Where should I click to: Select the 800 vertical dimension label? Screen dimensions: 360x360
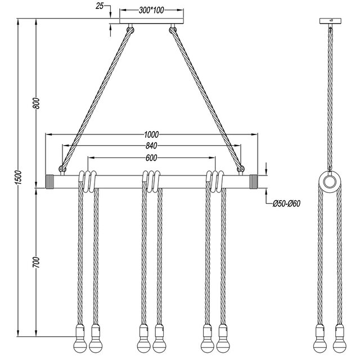click(36, 103)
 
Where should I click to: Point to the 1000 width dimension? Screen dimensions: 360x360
click(151, 134)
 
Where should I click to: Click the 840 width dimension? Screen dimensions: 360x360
click(151, 146)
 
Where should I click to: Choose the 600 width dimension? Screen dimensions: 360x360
click(151, 158)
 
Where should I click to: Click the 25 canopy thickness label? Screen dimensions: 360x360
click(100, 6)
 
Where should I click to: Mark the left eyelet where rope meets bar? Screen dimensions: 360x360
click(62, 168)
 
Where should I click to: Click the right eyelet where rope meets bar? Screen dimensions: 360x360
click(241, 168)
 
